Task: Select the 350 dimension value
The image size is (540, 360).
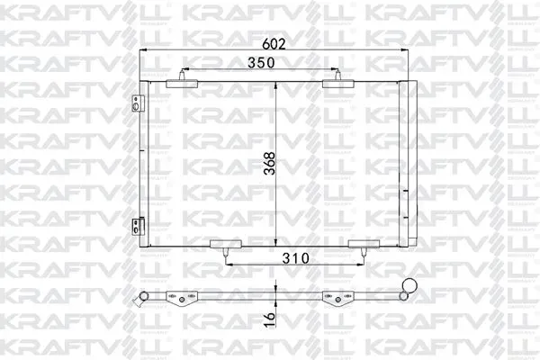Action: click(262, 63)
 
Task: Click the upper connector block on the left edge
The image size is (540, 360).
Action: click(138, 101)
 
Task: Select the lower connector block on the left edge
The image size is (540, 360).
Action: click(138, 227)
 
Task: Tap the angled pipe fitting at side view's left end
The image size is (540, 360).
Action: click(140, 297)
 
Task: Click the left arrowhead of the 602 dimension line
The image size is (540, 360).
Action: click(143, 51)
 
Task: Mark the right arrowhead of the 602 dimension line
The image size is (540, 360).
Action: click(406, 51)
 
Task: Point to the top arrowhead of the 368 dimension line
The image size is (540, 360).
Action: click(275, 84)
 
